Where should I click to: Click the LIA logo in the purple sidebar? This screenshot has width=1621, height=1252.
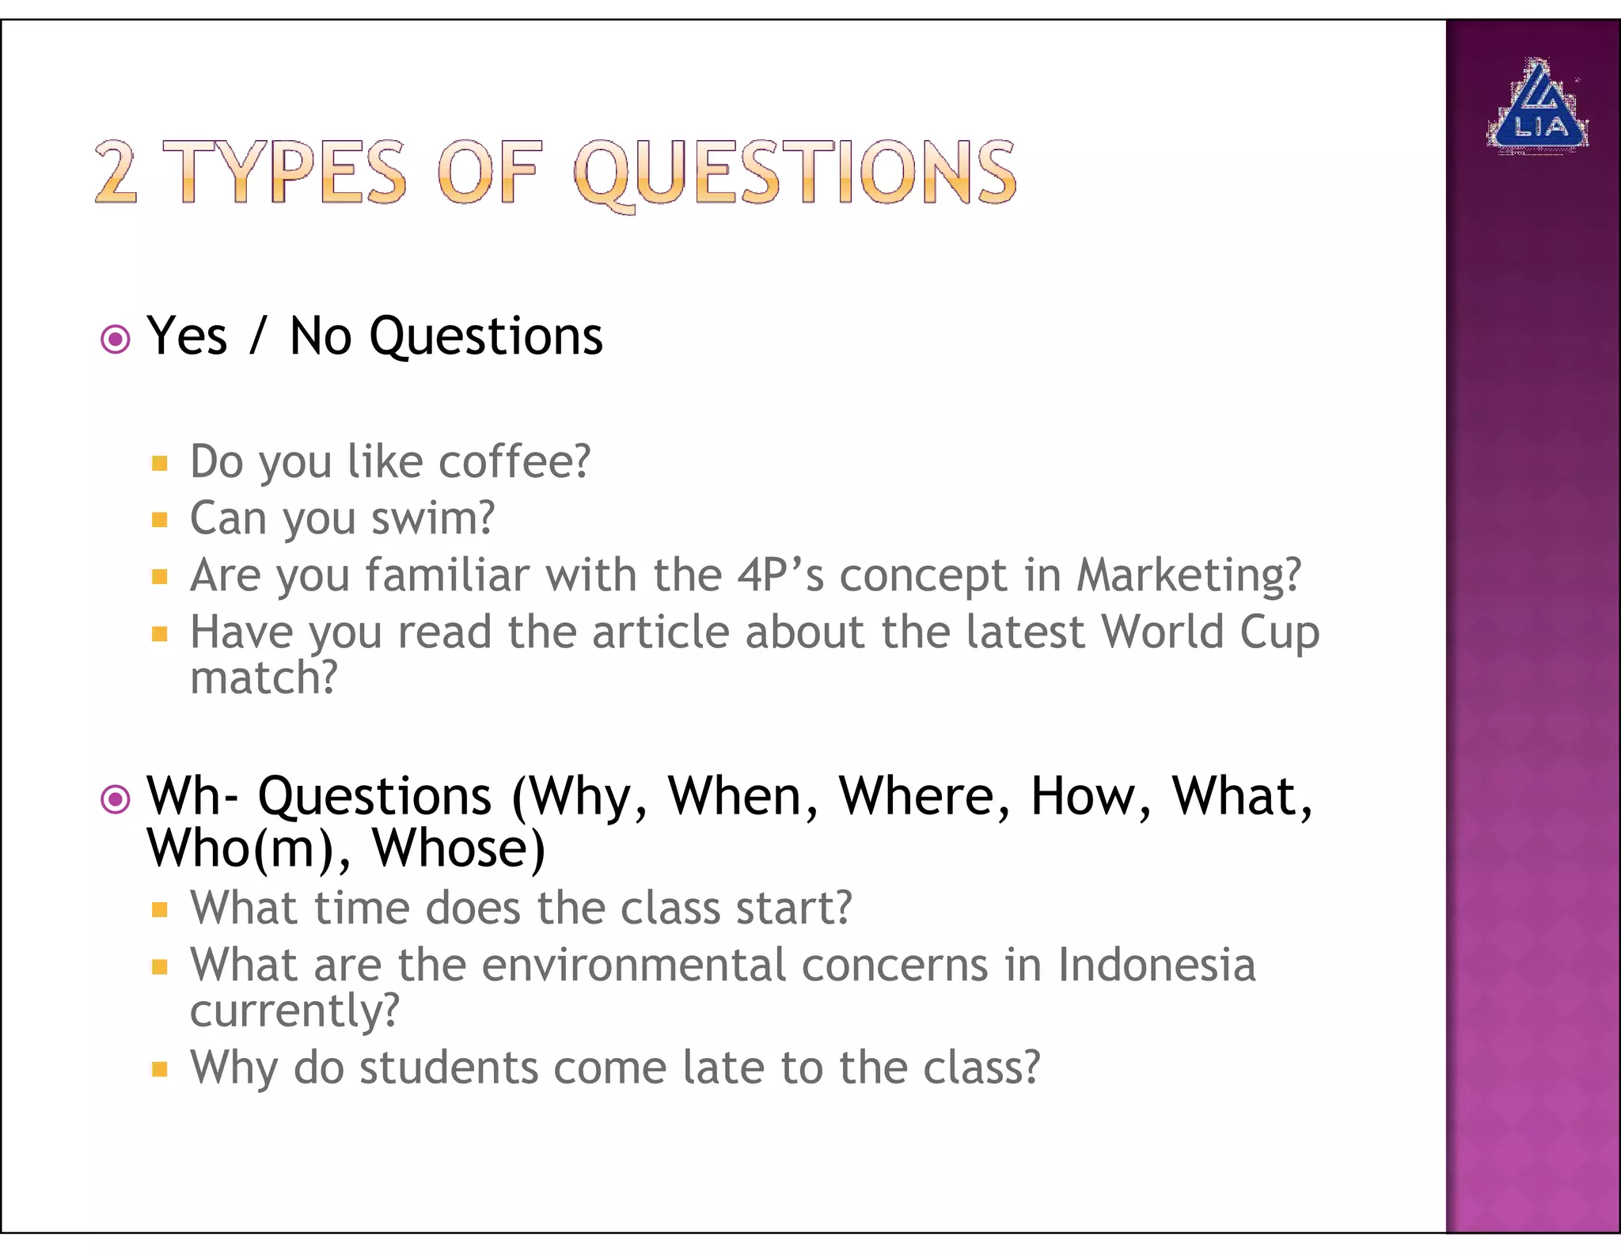[x=1537, y=107]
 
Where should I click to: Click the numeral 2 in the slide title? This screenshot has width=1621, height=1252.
[x=116, y=172]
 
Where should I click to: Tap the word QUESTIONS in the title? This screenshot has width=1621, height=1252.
[x=795, y=172]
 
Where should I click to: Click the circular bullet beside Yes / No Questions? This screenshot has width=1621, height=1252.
[x=116, y=340]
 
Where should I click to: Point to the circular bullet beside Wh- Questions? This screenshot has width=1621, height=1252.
[x=116, y=799]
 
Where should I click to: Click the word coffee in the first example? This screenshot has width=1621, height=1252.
[x=514, y=461]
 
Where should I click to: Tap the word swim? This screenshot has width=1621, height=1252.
[x=432, y=518]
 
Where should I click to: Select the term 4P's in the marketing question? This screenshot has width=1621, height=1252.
[x=780, y=575]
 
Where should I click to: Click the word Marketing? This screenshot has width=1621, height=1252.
[x=1188, y=575]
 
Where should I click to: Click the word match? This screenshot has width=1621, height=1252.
[x=263, y=678]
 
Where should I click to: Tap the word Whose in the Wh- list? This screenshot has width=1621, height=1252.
[x=458, y=848]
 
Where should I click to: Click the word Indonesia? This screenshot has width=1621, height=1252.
[x=1156, y=966]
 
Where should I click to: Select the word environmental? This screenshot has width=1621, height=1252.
[x=633, y=966]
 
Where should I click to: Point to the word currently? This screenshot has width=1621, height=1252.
[x=294, y=1011]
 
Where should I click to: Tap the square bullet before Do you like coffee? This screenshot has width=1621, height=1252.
[x=160, y=463]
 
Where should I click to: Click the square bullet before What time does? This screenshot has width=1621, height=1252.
[x=160, y=909]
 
